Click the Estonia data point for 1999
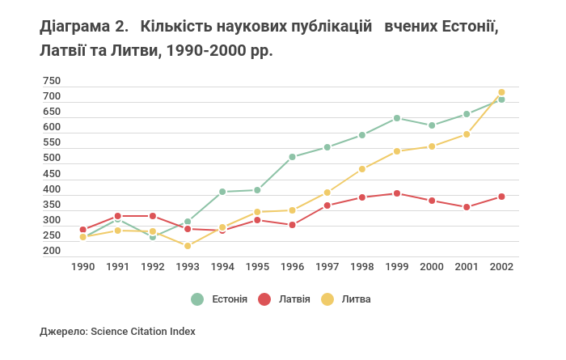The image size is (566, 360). (x=397, y=118)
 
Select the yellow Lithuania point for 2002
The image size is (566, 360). (x=501, y=92)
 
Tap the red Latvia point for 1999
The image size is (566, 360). (x=397, y=193)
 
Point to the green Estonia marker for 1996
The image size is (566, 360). (x=292, y=157)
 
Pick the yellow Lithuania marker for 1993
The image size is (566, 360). (x=188, y=246)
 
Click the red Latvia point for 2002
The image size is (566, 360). (x=501, y=197)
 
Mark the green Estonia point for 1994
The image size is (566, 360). (x=222, y=192)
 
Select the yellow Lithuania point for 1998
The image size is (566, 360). (x=362, y=169)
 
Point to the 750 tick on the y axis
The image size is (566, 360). (x=52, y=81)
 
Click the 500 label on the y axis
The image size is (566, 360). (x=52, y=159)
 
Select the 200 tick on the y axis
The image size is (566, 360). (x=52, y=252)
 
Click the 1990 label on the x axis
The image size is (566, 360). (x=82, y=266)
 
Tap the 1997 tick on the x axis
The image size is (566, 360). (x=327, y=266)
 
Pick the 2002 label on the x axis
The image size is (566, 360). (x=501, y=266)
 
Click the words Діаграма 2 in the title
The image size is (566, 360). (x=83, y=28)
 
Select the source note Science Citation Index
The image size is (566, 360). (x=143, y=331)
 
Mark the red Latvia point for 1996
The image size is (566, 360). (x=292, y=225)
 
